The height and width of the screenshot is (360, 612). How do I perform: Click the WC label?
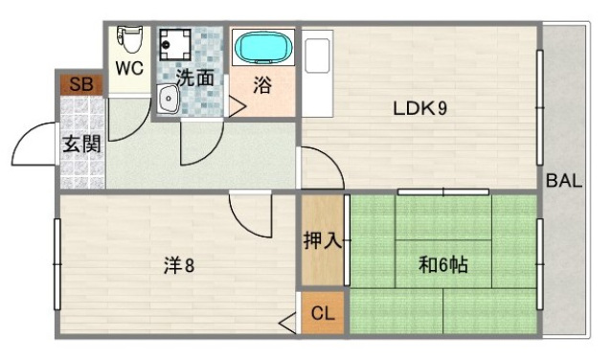pyautogui.click(x=129, y=70)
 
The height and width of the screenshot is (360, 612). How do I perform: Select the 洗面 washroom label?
pyautogui.click(x=194, y=78)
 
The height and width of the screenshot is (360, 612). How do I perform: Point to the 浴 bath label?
pyautogui.click(x=261, y=85)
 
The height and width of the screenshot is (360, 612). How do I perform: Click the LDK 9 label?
pyautogui.click(x=419, y=108)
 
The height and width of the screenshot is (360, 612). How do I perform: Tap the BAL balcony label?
pyautogui.click(x=564, y=181)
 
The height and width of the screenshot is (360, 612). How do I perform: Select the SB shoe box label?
pyautogui.click(x=81, y=84)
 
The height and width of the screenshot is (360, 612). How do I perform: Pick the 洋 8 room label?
pyautogui.click(x=178, y=264)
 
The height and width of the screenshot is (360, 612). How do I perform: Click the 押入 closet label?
pyautogui.click(x=323, y=240)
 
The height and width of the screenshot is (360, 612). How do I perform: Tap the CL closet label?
pyautogui.click(x=323, y=313)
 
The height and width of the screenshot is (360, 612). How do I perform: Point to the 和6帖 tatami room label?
pyautogui.click(x=442, y=263)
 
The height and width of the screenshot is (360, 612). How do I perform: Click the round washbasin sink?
pyautogui.click(x=168, y=100)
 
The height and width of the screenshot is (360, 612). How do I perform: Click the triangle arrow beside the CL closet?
pyautogui.click(x=288, y=324)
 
